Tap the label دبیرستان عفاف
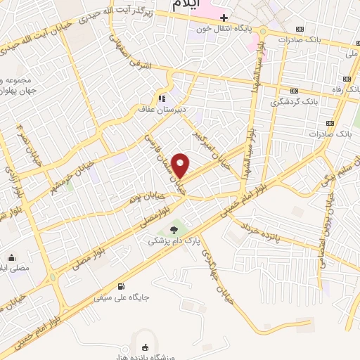163,109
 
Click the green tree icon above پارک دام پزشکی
174,229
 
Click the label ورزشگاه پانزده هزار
146,355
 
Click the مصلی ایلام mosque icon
12,257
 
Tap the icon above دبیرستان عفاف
162,98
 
